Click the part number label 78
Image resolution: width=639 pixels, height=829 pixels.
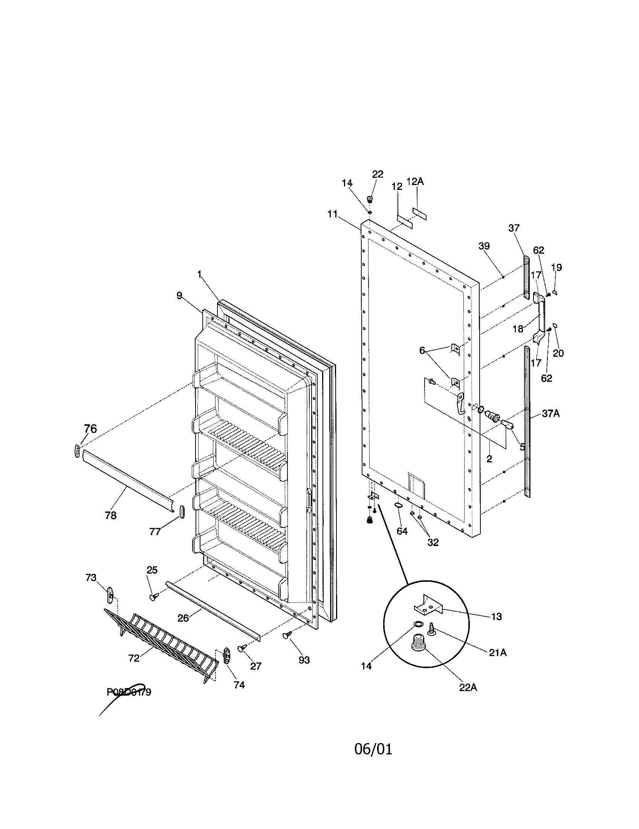tap(111, 515)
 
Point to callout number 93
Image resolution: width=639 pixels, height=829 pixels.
tap(304, 660)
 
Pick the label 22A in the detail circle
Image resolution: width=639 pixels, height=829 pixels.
tap(468, 687)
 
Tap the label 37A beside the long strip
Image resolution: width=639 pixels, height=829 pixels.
tap(550, 413)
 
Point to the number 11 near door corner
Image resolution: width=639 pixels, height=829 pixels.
tap(333, 214)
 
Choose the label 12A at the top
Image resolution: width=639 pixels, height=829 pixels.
tap(415, 182)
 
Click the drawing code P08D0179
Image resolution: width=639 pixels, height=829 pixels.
tap(129, 692)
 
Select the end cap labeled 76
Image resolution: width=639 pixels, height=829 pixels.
tap(77, 452)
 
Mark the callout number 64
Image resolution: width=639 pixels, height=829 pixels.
tap(402, 531)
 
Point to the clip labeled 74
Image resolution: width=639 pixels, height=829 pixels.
tap(227, 655)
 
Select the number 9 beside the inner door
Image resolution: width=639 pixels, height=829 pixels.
tap(179, 296)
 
